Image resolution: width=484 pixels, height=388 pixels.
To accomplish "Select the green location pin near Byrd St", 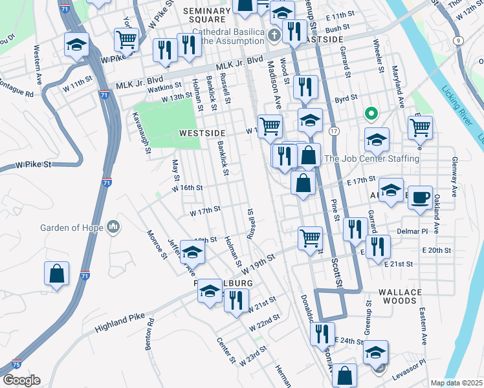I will [371, 114].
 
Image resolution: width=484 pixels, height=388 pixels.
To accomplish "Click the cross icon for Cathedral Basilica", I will [274, 34].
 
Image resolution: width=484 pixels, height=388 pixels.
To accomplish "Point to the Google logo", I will [21, 380].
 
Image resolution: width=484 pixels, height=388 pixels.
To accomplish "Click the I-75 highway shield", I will [17, 365].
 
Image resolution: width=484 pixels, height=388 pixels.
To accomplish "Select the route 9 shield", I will [458, 40].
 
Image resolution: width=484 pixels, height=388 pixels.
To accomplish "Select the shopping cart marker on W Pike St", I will [126, 39].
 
